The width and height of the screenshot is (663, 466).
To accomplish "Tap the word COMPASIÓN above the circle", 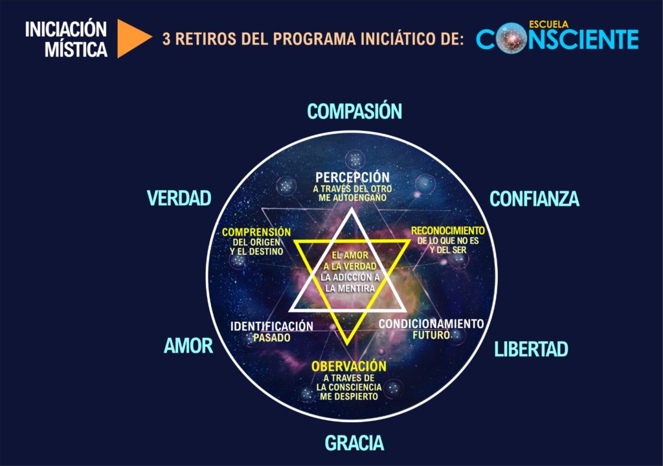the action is (354, 111).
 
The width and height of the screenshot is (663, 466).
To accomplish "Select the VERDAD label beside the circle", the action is (179, 198).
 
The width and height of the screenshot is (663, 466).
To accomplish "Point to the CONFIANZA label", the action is (534, 199).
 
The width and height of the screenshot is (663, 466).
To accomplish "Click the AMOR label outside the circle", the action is (188, 346).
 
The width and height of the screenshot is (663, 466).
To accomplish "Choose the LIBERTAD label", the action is (531, 349).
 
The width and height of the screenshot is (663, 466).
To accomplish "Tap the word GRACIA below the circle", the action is (354, 443).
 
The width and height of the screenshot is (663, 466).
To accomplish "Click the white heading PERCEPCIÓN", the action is (353, 177).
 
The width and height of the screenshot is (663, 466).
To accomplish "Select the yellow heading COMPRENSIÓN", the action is (256, 232).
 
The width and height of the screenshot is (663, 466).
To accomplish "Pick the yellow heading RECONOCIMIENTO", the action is (448, 230).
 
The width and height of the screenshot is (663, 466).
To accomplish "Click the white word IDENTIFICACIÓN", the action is (272, 326).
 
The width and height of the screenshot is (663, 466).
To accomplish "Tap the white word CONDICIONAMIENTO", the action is (431, 324).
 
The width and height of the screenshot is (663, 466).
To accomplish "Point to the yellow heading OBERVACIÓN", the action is (349, 366).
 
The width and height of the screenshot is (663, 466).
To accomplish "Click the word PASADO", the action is (272, 338).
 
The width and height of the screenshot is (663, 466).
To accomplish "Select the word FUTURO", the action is (431, 335).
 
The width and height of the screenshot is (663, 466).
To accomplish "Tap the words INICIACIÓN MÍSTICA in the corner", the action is (66, 39).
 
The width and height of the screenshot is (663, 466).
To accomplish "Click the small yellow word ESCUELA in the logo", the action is (548, 25).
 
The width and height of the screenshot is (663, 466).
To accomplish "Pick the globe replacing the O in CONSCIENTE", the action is (511, 39).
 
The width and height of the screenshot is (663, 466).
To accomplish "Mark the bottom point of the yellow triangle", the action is (348, 344).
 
